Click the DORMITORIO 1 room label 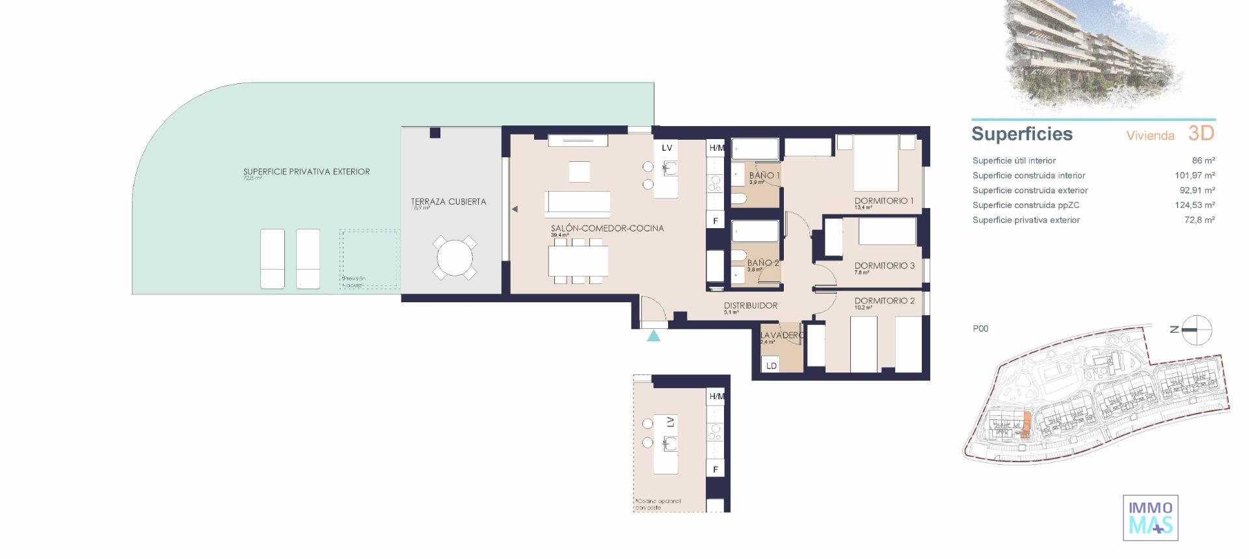coord(883,201)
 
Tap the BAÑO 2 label coord(762,263)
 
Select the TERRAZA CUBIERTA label coord(448,201)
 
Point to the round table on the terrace coord(455,258)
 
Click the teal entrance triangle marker coord(654,335)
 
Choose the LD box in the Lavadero coord(772,365)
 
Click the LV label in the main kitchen coord(667,148)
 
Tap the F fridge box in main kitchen coord(716,221)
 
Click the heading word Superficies coord(1021,134)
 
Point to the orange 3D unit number coord(1201,133)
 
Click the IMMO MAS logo coord(1150,518)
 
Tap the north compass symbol coord(1196,330)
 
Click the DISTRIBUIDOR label coord(751,305)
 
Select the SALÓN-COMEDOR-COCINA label coord(607,228)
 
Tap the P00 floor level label coord(980,329)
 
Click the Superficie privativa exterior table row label coord(1026,220)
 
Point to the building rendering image coord(1093,55)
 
